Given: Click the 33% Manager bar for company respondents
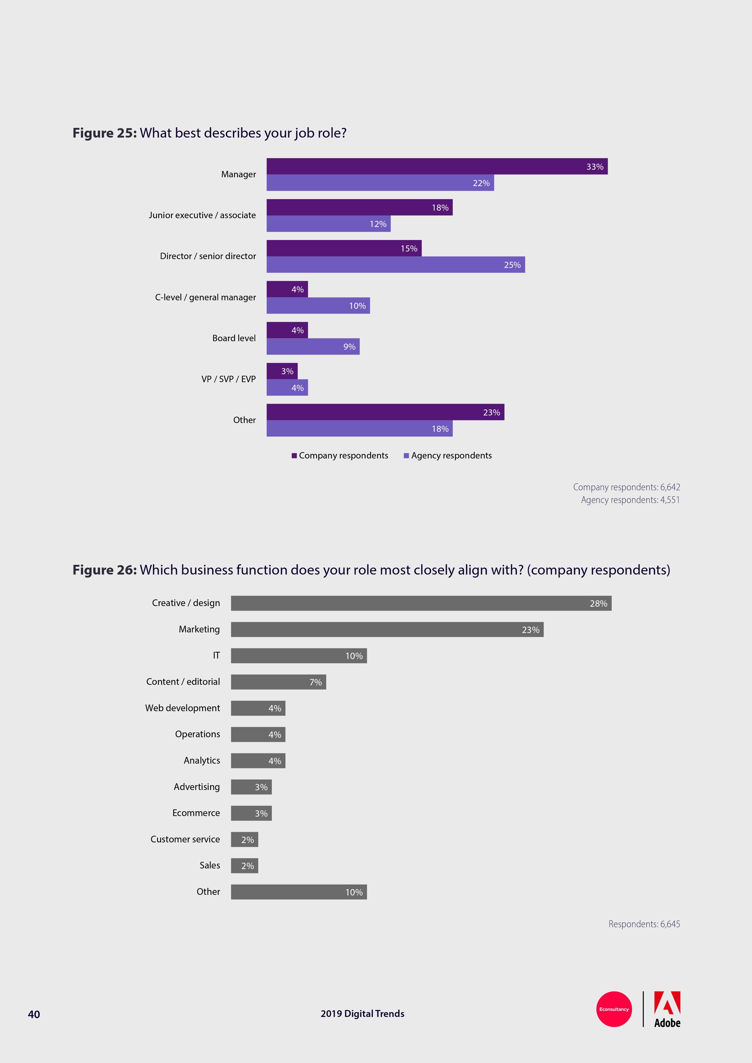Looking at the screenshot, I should pos(437,166).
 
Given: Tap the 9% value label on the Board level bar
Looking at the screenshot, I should pos(349,347).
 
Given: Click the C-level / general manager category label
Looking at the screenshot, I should pos(205,297).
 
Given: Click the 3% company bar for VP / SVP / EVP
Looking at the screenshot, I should pos(282,371).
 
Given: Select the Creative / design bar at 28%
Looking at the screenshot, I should pos(421,603).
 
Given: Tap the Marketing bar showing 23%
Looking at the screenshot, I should pos(387,630).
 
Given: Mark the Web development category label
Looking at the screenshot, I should pos(182,708).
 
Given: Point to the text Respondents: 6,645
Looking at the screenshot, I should pos(644,924).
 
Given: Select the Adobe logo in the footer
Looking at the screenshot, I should pos(667,1009).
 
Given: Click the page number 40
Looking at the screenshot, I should pos(34,1015).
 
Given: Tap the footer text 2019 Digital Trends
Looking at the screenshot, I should pos(362,1014).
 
